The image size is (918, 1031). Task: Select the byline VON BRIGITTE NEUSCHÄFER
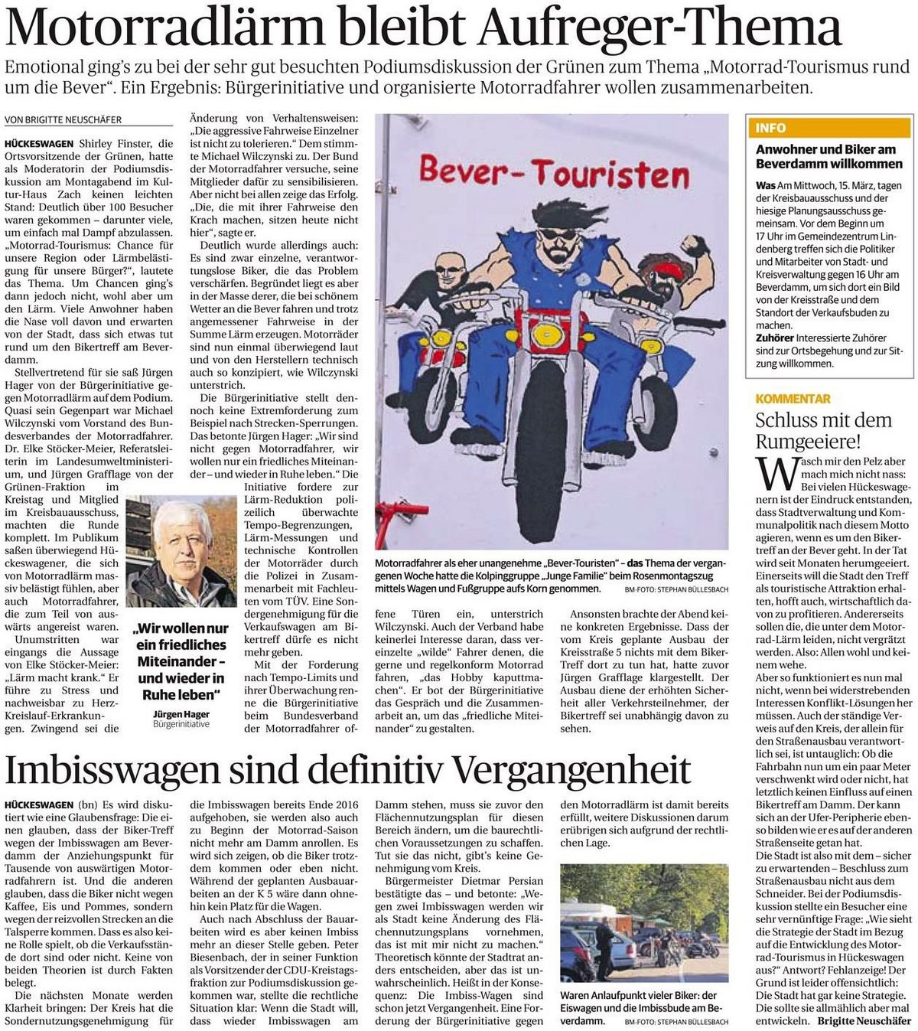63,119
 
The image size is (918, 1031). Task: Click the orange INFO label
770,128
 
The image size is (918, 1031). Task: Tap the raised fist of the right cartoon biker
695,246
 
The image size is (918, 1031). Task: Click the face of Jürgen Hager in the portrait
181,543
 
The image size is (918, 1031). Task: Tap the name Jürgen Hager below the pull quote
181,713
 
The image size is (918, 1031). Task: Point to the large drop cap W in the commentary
776,474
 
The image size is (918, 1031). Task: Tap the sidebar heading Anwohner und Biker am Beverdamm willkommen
829,156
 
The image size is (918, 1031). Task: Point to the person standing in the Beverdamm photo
605,946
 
